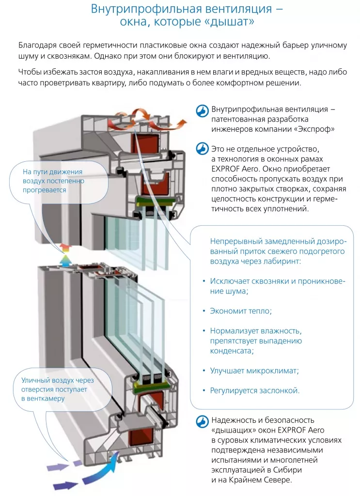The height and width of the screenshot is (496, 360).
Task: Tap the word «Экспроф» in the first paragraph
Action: click(318, 129)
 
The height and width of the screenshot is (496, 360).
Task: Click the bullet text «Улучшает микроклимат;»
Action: click(254, 371)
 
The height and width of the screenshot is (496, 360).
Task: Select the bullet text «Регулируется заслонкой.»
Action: click(255, 390)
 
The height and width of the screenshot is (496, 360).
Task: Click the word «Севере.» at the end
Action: click(278, 480)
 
